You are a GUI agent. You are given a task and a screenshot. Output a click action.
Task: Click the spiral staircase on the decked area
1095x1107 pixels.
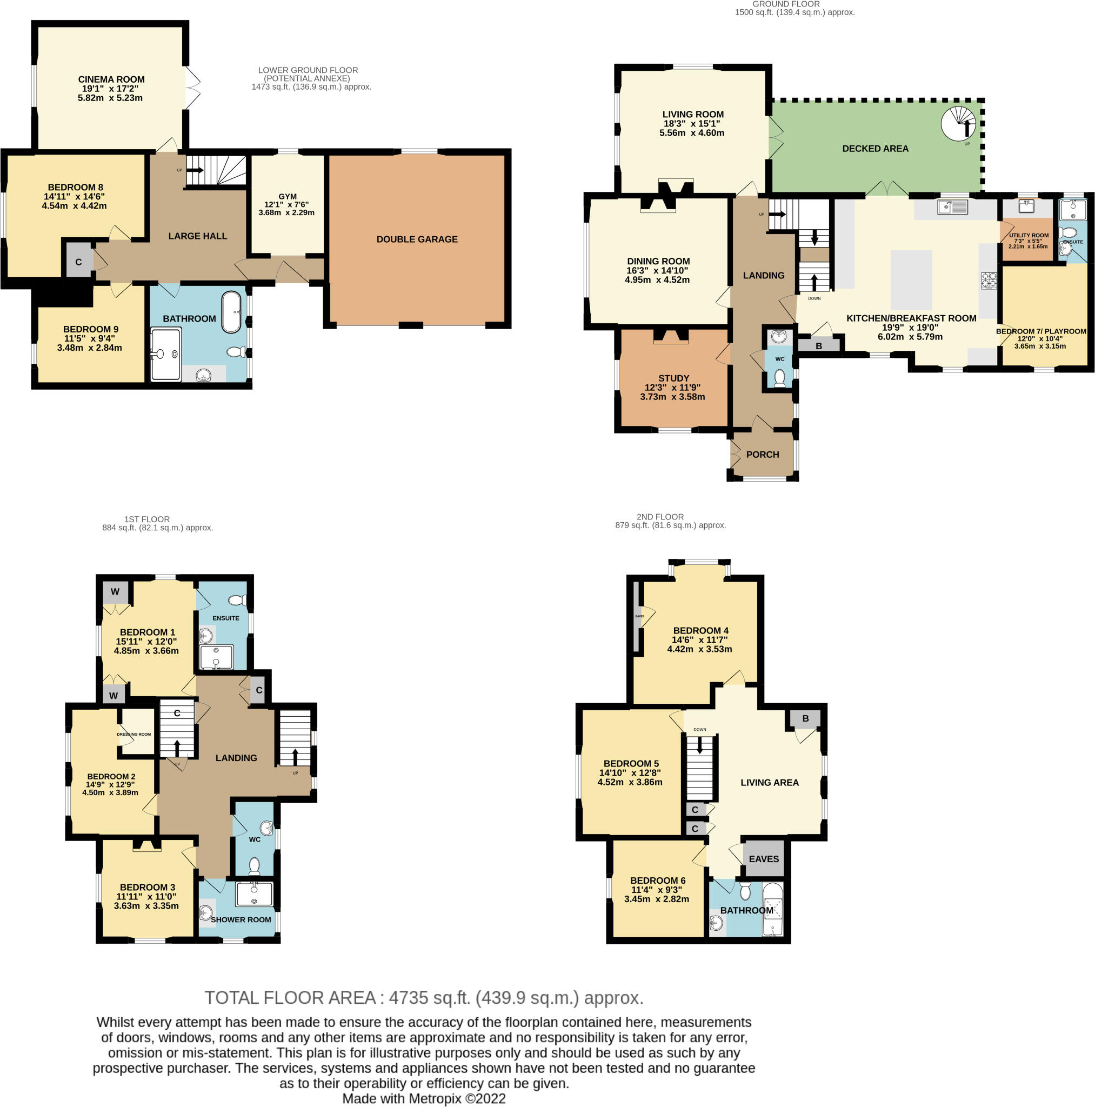click(958, 123)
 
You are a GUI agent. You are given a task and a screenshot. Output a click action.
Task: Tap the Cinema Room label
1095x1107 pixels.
click(111, 79)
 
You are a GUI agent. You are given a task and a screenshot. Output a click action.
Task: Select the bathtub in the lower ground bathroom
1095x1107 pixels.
click(231, 313)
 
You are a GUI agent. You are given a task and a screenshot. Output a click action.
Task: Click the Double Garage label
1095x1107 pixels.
click(417, 239)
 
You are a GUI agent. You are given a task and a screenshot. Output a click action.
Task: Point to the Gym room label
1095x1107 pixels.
click(287, 197)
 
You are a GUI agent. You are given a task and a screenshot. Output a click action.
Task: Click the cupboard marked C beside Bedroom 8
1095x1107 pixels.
click(78, 262)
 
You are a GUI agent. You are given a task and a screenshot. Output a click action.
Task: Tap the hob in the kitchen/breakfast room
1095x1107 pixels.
click(989, 280)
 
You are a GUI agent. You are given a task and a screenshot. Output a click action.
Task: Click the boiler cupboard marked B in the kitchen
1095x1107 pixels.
click(818, 346)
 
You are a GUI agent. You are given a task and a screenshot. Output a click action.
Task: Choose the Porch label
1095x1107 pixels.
click(762, 455)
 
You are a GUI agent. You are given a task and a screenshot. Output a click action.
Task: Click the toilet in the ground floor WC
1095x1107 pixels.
click(779, 378)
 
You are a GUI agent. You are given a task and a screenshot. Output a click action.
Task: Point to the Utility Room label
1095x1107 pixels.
click(1029, 236)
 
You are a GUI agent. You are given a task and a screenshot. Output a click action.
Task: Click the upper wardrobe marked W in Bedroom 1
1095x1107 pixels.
click(115, 592)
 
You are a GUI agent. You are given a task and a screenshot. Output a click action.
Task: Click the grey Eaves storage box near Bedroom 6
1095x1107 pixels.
click(763, 859)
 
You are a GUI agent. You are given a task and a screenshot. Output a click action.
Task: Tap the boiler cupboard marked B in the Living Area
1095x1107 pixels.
click(805, 718)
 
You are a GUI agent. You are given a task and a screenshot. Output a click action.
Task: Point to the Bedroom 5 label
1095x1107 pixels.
click(630, 764)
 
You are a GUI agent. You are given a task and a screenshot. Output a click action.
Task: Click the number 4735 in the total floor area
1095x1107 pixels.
click(408, 998)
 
